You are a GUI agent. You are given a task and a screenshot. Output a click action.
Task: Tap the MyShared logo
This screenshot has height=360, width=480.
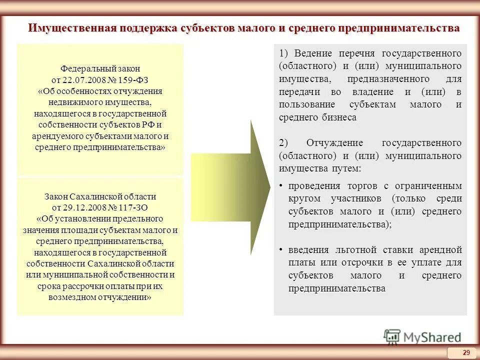pyautogui.click(x=422, y=337)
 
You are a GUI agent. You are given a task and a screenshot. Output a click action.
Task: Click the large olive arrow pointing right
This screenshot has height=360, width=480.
pyautogui.click(x=230, y=180)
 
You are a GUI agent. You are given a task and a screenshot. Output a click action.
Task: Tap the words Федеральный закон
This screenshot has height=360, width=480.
pyautogui.click(x=100, y=68)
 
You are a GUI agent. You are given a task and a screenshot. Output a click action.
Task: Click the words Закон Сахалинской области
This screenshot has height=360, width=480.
pyautogui.click(x=100, y=196)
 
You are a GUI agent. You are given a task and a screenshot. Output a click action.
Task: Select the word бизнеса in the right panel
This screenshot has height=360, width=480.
pyautogui.click(x=340, y=117)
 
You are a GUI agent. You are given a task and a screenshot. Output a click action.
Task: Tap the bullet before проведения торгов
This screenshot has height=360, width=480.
pyautogui.click(x=281, y=186)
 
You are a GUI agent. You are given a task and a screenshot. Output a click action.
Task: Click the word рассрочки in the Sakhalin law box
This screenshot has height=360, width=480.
pyautogui.click(x=83, y=286)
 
